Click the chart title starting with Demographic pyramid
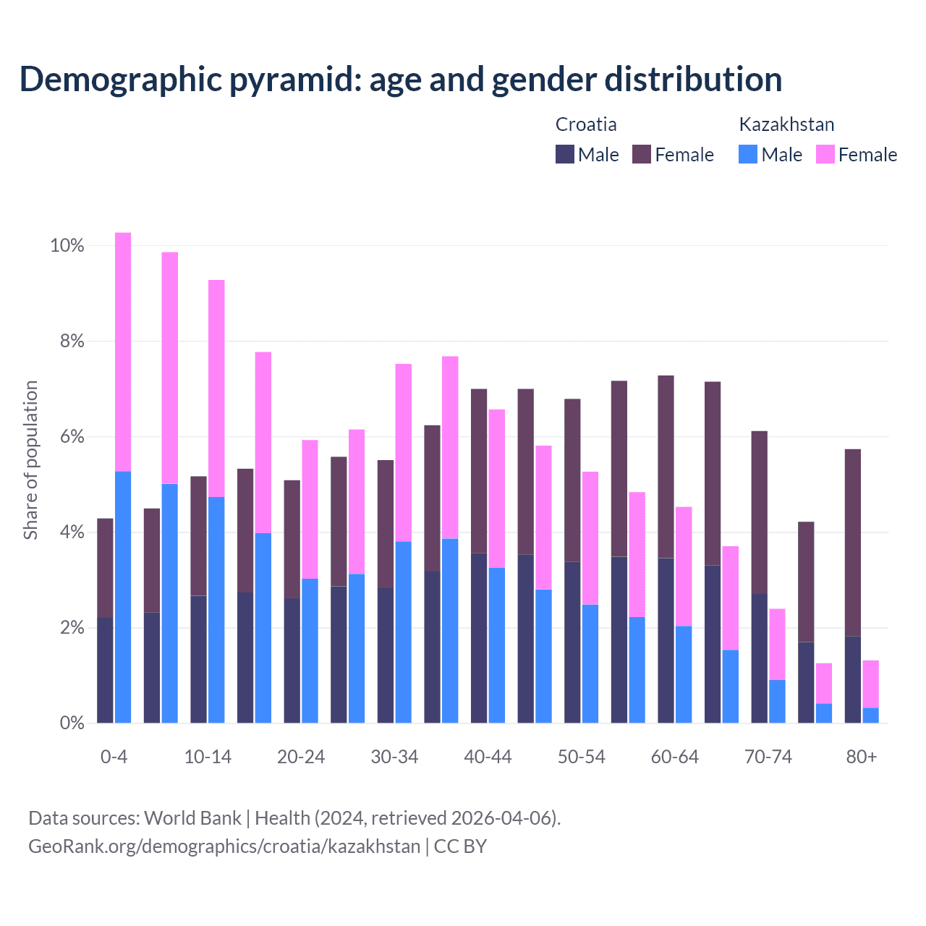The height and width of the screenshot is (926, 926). click(x=401, y=80)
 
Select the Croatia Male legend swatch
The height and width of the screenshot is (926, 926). click(x=565, y=154)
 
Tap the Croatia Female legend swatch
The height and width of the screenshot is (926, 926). click(x=642, y=154)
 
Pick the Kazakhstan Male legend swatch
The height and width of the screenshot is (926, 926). click(x=748, y=154)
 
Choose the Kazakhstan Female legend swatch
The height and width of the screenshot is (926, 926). click(x=825, y=154)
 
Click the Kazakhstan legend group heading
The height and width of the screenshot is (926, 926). click(x=786, y=124)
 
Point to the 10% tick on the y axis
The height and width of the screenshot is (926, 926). click(x=67, y=246)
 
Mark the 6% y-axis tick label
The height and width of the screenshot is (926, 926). click(x=71, y=437)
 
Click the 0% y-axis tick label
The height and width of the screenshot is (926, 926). click(x=71, y=723)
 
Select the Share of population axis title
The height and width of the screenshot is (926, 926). click(x=30, y=460)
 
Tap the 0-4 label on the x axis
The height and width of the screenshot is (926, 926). click(x=114, y=757)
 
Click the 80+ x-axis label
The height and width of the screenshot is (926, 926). click(x=862, y=757)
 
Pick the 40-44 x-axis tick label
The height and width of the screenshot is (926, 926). click(x=488, y=757)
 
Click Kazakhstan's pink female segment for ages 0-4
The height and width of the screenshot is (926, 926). click(x=123, y=352)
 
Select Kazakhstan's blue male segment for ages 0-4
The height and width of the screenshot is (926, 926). click(x=123, y=597)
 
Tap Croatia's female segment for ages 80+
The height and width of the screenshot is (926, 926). click(x=853, y=543)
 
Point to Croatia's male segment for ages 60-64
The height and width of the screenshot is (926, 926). click(x=666, y=640)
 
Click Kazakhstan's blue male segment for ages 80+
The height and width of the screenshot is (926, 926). click(x=870, y=715)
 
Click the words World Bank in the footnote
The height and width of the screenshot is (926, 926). click(x=192, y=818)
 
